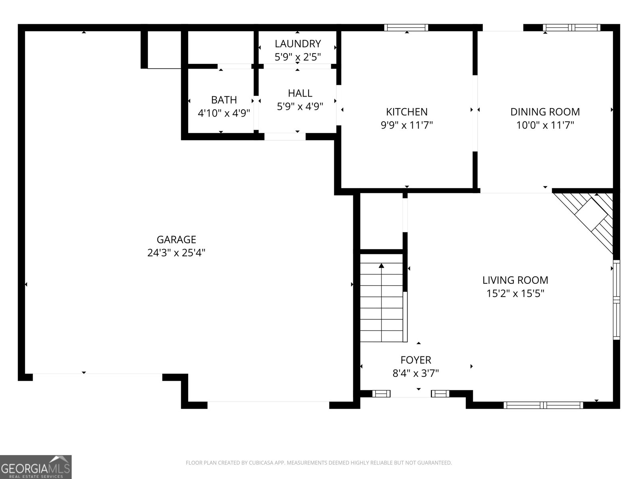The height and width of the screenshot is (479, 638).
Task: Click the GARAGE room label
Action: tap(176, 239)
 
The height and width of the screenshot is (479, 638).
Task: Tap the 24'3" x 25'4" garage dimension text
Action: tap(176, 253)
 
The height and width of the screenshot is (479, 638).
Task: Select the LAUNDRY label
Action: tap(297, 44)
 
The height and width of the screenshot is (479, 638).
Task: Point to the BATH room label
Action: tap(224, 100)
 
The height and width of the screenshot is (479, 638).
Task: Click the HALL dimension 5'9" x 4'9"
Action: tap(300, 107)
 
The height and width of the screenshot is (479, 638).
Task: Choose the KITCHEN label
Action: tap(407, 112)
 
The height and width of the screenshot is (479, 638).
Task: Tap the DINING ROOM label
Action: tap(545, 112)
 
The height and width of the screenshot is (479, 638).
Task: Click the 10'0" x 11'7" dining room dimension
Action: tap(545, 125)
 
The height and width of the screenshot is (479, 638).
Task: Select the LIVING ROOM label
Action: tap(515, 280)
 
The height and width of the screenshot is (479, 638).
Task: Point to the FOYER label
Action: tap(416, 360)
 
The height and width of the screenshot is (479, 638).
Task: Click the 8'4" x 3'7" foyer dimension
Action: tap(416, 374)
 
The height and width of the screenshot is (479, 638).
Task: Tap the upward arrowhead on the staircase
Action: tap(382, 265)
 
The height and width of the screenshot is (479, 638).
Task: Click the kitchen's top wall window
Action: tap(406, 28)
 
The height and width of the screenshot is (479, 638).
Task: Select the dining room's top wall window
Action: tap(571, 28)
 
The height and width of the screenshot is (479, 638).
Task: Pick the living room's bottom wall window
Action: tap(543, 405)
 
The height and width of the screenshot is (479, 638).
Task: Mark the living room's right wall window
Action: tap(616, 299)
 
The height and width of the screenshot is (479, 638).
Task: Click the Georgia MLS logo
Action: tap(36, 467)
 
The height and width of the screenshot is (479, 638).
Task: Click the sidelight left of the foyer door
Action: tap(381, 394)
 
